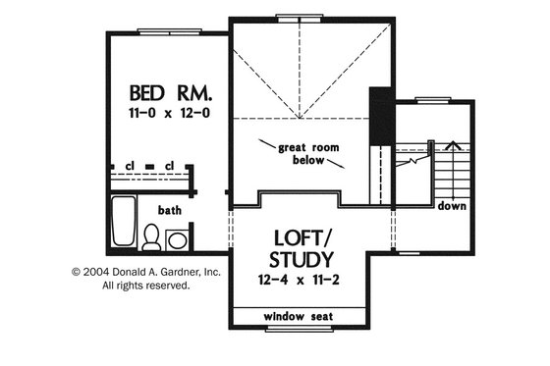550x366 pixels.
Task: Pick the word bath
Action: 170,209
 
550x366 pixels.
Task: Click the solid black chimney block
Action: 380,118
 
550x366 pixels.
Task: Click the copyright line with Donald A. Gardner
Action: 145,272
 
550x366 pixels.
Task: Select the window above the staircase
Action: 432,99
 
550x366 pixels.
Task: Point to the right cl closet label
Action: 170,165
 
